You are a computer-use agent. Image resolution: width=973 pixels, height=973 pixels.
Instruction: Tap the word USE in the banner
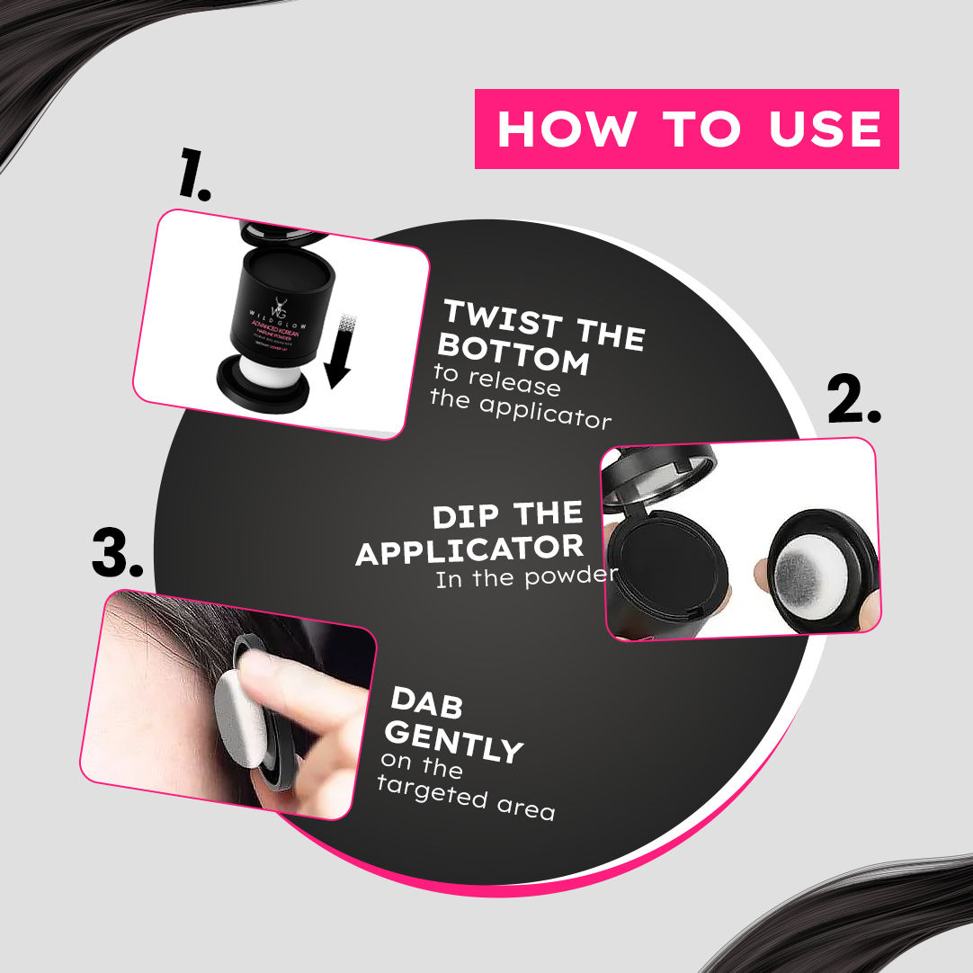click(x=825, y=129)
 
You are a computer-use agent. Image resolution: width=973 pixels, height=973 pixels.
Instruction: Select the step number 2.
click(x=853, y=403)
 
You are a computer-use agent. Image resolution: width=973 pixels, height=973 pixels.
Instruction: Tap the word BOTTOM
click(x=512, y=355)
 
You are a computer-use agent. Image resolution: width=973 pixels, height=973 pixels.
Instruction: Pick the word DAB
click(x=427, y=702)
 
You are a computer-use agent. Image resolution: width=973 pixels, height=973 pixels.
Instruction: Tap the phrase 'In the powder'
click(x=525, y=576)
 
